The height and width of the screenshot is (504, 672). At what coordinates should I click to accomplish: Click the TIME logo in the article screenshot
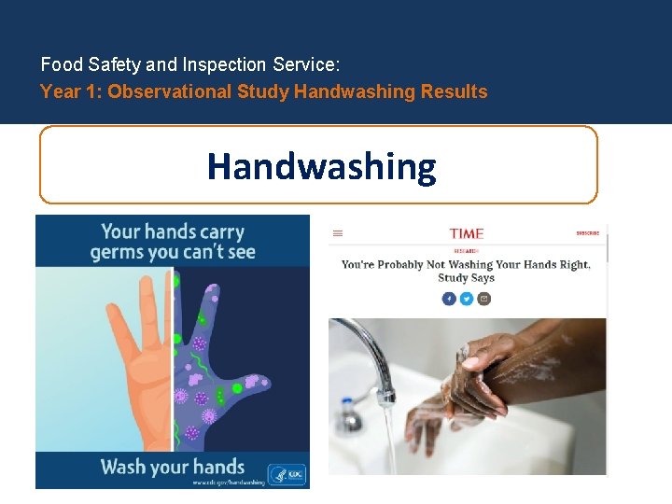pyautogui.click(x=467, y=233)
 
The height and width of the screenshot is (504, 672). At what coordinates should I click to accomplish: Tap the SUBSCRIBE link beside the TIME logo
pyautogui.click(x=587, y=233)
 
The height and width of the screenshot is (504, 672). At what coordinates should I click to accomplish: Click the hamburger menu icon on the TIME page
pyautogui.click(x=338, y=234)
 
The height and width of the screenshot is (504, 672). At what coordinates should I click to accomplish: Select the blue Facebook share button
pyautogui.click(x=449, y=299)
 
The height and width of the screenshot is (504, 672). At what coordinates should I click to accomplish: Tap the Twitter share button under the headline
pyautogui.click(x=466, y=299)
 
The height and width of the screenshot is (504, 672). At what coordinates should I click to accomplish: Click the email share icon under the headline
pyautogui.click(x=483, y=299)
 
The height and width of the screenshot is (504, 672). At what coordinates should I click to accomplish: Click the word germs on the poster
pyautogui.click(x=119, y=252)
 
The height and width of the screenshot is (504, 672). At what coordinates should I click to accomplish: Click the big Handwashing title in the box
pyautogui.click(x=321, y=166)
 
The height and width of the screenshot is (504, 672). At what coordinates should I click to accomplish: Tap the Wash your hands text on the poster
pyautogui.click(x=172, y=467)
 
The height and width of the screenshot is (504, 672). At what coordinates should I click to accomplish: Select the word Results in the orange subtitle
pyautogui.click(x=454, y=91)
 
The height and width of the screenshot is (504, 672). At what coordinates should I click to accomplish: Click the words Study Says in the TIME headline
pyautogui.click(x=466, y=278)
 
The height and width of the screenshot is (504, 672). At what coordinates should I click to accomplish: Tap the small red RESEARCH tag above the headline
pyautogui.click(x=466, y=251)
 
